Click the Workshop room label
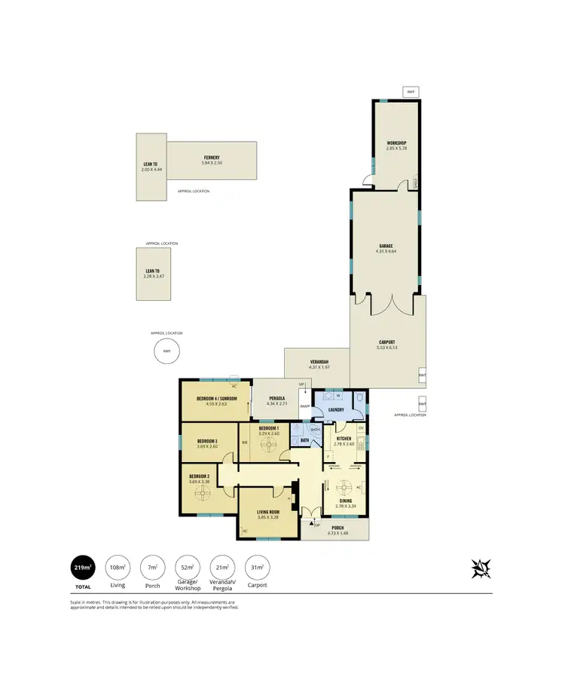pos(397,143)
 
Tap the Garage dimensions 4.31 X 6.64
pos(387,251)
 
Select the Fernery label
pos(211,158)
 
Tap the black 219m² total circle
pos(83,568)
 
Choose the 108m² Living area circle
pos(117,568)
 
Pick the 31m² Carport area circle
pos(257,568)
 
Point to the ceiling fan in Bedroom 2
pos(202,494)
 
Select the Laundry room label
pos(335,410)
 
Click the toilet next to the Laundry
pos(360,397)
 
